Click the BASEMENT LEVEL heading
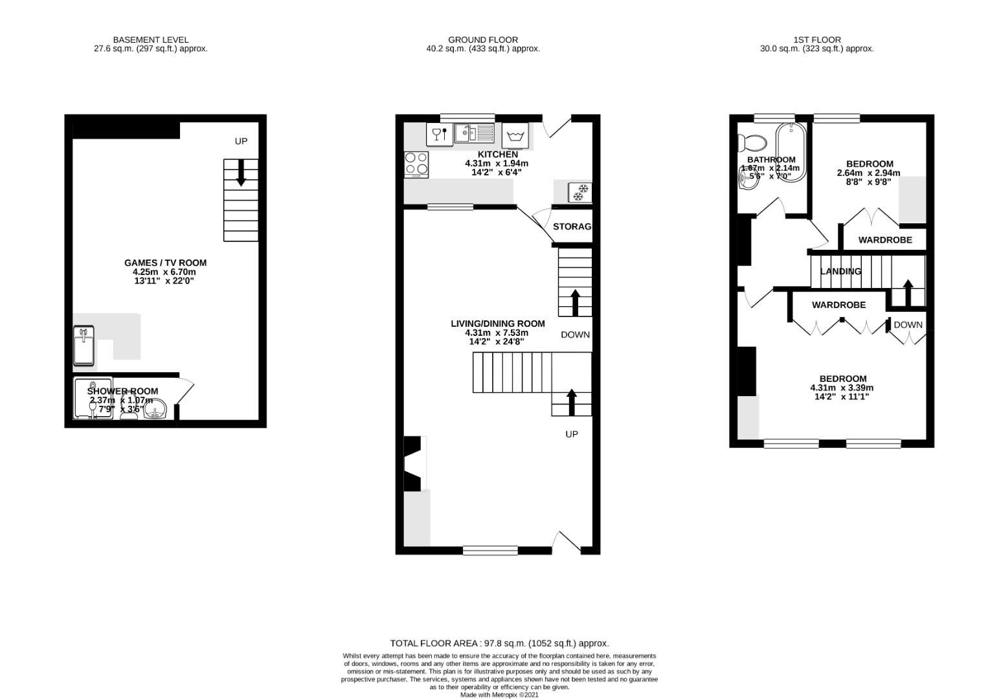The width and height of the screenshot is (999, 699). tap(150, 39)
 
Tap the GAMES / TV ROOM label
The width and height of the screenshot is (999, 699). tap(165, 263)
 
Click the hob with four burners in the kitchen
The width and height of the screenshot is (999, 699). tap(416, 164)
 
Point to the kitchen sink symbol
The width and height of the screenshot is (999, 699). tap(474, 134)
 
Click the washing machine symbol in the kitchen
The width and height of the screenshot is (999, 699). tap(515, 135)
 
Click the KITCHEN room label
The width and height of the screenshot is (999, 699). tap(497, 155)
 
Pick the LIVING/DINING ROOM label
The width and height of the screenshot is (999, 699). tap(497, 324)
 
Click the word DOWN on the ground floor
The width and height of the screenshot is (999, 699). tap(575, 335)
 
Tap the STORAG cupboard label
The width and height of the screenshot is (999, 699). tap(572, 227)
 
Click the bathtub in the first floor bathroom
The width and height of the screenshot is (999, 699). tap(791, 152)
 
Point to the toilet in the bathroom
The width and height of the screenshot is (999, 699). tap(752, 142)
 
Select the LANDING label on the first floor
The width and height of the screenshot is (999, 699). tap(840, 271)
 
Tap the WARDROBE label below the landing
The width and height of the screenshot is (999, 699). tap(838, 305)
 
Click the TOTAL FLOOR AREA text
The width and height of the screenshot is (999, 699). tap(499, 643)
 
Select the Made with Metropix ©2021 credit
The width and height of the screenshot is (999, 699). tap(499, 694)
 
